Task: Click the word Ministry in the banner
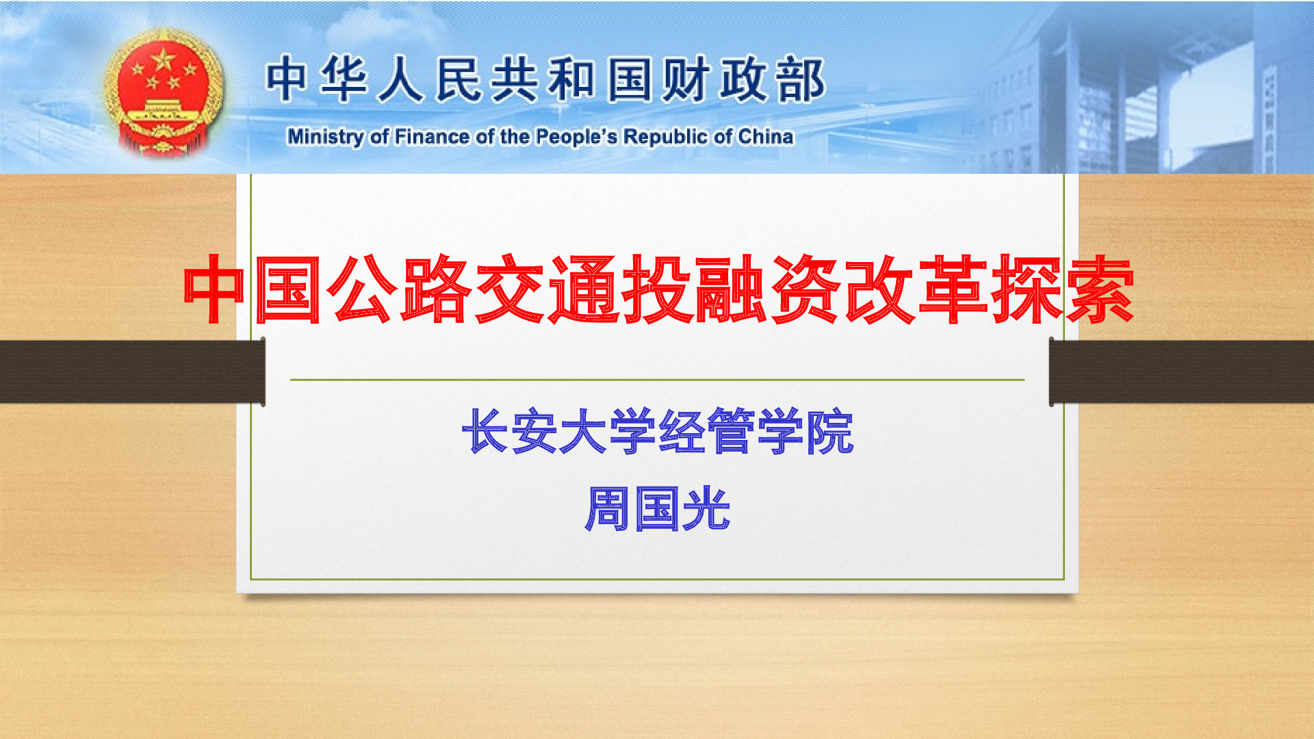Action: tap(326, 137)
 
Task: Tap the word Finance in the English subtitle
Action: tap(432, 137)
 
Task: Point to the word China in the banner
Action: tap(766, 137)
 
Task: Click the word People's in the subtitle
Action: tap(576, 137)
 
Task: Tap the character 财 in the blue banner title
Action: tap(686, 79)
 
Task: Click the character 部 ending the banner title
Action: tap(800, 79)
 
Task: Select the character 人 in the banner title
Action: tap(401, 79)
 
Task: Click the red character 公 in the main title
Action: tap(362, 289)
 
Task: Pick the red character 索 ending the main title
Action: tap(1099, 289)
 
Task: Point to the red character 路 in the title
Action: tap(436, 289)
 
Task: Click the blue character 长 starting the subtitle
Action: tap(485, 431)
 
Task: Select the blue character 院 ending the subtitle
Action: tap(829, 431)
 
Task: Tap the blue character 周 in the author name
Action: tap(608, 509)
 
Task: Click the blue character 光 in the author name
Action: tap(706, 509)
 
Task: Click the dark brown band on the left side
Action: tap(132, 372)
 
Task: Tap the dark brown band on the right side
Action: tap(1181, 372)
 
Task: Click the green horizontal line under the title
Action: tap(657, 379)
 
